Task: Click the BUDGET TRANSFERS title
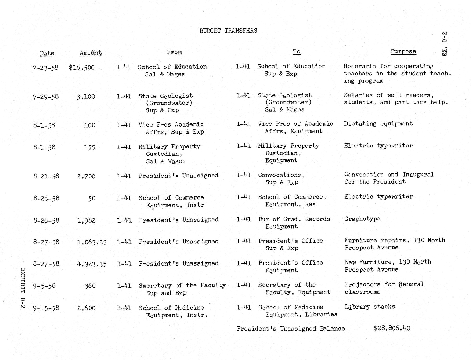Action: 228,31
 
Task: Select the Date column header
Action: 47,53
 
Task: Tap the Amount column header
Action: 90,53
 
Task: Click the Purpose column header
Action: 403,52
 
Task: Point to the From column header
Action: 174,52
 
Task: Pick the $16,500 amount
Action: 82,68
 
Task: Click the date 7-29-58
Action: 46,97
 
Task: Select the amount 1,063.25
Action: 92,242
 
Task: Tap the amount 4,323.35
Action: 92,264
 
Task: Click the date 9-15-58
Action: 46,308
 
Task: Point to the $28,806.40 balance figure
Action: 391,328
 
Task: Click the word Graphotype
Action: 362,219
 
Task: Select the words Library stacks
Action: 370,307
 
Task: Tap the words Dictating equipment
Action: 378,124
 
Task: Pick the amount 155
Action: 89,147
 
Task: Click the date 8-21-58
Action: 46,176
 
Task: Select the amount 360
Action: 90,286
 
